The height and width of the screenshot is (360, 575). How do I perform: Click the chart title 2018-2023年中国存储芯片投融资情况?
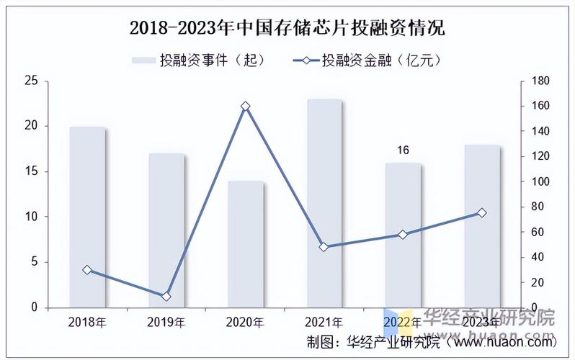coord(287,28)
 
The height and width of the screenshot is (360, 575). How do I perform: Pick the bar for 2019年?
coord(166,230)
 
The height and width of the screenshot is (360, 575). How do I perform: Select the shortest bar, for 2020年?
coord(246,244)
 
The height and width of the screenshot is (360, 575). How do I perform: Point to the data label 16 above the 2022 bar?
coord(403,150)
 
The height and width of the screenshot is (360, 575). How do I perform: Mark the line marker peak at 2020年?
coord(246,107)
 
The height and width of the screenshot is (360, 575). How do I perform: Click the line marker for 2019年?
coord(166,296)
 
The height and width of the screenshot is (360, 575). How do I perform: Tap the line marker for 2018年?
coord(87,270)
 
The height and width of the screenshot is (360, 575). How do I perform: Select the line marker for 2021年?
coord(324,247)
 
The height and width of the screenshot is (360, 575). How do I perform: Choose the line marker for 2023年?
coord(481,212)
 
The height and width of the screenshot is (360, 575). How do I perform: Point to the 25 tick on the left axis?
coord(31,81)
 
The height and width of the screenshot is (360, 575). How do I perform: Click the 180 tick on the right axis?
coord(540,81)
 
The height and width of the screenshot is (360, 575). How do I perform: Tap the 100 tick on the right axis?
coord(540,181)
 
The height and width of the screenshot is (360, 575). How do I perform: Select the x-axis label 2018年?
coord(87,321)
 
